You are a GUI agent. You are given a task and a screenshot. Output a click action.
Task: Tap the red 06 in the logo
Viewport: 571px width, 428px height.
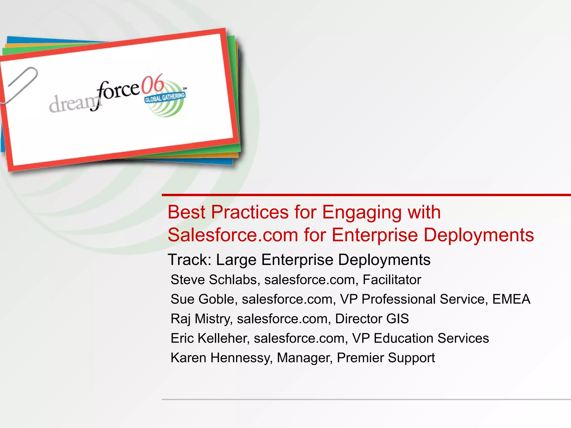153,84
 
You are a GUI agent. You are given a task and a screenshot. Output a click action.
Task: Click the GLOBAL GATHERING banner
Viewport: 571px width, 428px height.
164,97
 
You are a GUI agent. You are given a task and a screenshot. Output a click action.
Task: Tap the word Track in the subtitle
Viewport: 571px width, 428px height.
189,260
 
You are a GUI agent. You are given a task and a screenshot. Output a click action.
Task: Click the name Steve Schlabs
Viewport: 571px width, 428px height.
214,280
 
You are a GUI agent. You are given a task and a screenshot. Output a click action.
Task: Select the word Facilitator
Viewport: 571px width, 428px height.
392,280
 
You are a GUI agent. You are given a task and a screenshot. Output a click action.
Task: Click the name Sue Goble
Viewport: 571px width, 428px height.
204,299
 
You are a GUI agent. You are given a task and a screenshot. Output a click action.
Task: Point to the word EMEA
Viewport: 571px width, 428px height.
511,299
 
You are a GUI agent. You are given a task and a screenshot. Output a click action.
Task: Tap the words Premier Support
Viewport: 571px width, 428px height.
386,358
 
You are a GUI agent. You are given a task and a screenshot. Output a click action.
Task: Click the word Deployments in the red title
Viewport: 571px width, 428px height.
478,235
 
